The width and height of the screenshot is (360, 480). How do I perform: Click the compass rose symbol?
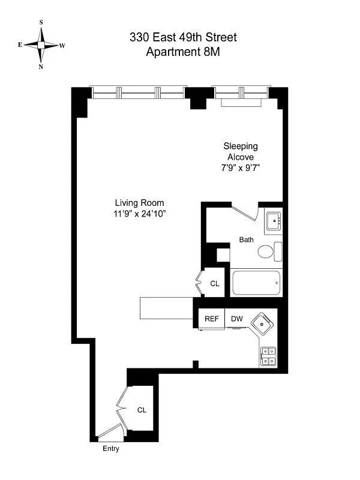[x=41, y=44]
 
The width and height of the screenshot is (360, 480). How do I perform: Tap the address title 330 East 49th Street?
[x=183, y=37]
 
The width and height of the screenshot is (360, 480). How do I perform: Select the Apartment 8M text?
[x=183, y=52]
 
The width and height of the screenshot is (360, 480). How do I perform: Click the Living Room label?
[x=139, y=203]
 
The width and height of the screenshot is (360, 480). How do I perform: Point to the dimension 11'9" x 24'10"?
[x=139, y=213]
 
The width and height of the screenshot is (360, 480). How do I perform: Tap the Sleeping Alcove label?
[x=241, y=151]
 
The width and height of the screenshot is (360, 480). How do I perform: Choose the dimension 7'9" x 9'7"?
[x=241, y=168]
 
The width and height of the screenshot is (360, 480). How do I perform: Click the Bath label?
[x=246, y=239]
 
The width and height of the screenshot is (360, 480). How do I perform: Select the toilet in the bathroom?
[x=270, y=250]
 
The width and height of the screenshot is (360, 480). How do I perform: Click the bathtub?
[x=256, y=283]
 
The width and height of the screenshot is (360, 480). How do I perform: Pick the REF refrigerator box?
[x=211, y=319]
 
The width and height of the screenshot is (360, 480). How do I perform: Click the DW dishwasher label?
[x=236, y=319]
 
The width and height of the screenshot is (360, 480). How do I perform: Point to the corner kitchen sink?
[x=263, y=325]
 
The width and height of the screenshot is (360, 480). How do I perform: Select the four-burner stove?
[x=268, y=356]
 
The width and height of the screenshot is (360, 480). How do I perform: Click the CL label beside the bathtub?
[x=214, y=284]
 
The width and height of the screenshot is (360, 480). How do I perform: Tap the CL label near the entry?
[x=142, y=410]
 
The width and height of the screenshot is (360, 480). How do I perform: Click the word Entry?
[x=111, y=449]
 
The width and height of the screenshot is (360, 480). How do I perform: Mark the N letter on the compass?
[x=41, y=67]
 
